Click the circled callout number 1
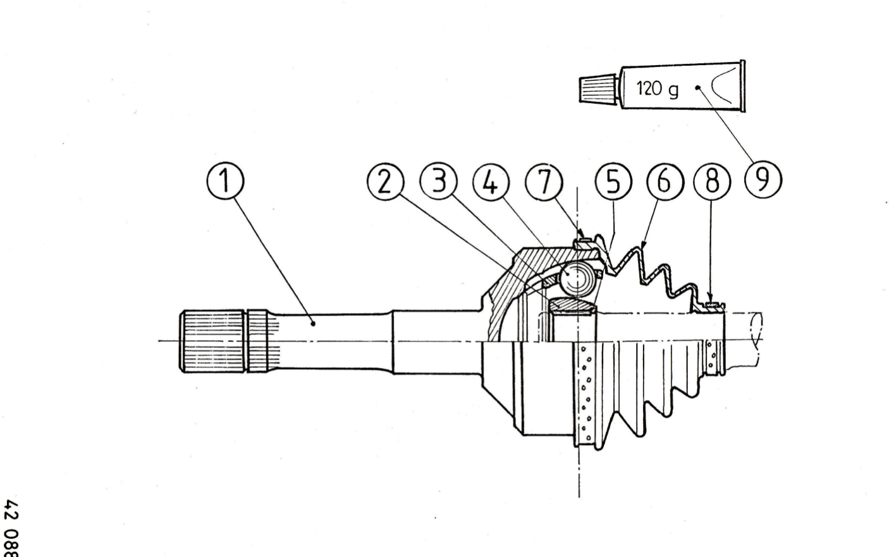226,181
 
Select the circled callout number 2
385,182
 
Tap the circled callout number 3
438,181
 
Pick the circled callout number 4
491,183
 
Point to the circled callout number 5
613,181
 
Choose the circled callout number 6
665,181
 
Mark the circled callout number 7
544,182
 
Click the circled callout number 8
712,181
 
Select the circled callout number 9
763,180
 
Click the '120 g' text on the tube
657,89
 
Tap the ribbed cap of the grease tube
598,89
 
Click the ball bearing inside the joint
576,278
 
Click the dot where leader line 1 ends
313,324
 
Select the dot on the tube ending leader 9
697,88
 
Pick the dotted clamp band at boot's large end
585,394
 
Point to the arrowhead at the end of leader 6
642,247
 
